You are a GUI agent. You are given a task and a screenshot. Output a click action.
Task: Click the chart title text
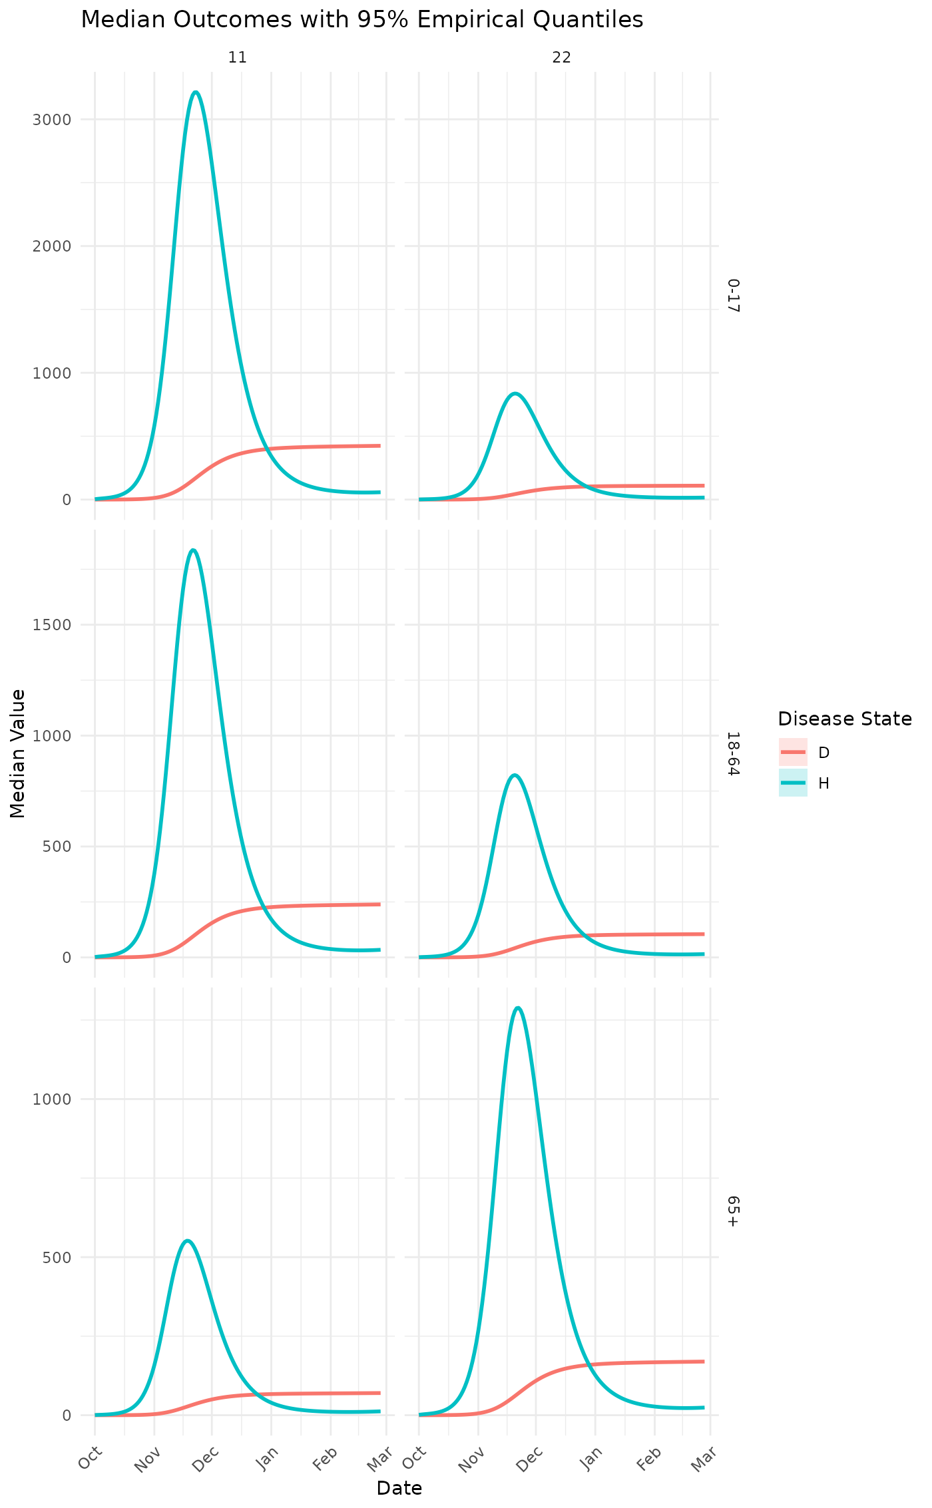[361, 21]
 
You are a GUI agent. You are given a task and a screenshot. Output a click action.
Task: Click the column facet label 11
[238, 58]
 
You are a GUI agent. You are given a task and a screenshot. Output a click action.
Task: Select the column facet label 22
[561, 58]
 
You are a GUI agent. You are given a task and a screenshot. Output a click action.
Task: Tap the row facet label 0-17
[733, 295]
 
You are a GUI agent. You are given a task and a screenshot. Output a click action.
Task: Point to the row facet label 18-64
[733, 753]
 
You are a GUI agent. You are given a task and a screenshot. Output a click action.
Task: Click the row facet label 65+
[733, 1211]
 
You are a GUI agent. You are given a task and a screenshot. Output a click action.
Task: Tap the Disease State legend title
[844, 719]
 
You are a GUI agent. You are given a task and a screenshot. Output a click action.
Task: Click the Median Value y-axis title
[19, 753]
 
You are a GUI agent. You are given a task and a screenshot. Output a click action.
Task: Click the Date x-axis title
[399, 1488]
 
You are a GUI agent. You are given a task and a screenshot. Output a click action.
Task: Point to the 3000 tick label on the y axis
[57, 120]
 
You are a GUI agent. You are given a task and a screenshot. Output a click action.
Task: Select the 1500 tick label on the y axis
[57, 624]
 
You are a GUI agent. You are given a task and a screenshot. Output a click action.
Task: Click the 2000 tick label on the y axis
[57, 246]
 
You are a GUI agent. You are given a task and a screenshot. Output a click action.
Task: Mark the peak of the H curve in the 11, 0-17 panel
[195, 92]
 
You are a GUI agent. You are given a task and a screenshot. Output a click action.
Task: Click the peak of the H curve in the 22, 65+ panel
[518, 1008]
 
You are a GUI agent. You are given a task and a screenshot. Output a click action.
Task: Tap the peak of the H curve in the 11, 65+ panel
[188, 1240]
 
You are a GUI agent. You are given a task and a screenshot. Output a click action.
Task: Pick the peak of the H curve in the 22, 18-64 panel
[515, 775]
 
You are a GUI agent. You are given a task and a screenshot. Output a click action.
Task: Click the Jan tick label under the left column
[265, 1458]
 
